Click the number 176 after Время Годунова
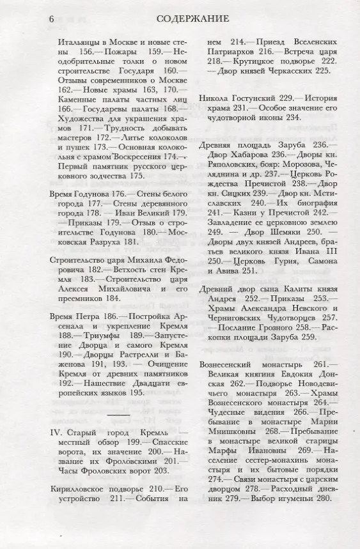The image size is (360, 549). click(x=124, y=194)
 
